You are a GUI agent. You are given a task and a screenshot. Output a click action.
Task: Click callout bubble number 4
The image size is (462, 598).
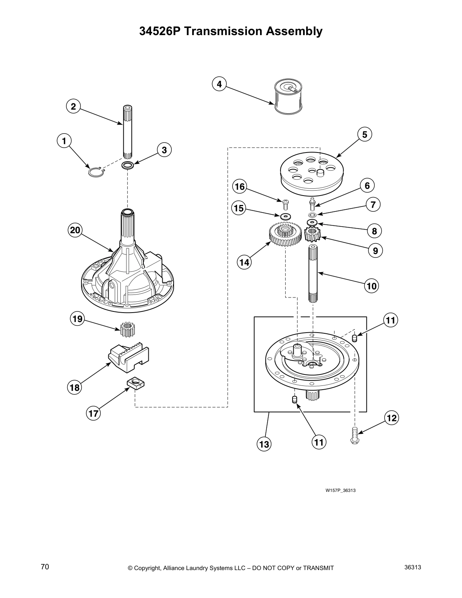click(219, 84)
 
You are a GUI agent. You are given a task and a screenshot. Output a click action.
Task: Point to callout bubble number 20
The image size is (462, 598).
click(75, 230)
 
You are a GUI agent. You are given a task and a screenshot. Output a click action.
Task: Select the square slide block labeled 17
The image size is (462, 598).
click(136, 385)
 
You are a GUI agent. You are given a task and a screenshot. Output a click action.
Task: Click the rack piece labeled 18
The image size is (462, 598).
click(128, 357)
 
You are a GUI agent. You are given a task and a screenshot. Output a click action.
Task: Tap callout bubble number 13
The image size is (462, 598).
click(264, 444)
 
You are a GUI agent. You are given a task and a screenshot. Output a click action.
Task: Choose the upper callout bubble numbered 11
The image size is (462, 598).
click(391, 321)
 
